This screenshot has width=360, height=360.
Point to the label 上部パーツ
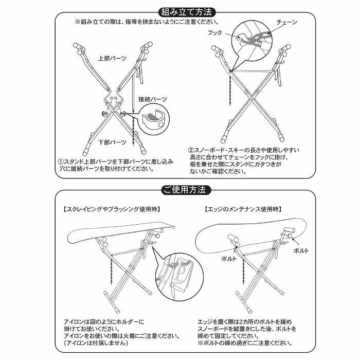pos(112,58)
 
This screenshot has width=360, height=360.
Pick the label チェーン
pos(287,23)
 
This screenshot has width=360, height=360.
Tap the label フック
pos(214,32)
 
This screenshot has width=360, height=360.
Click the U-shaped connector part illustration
pos(153,117)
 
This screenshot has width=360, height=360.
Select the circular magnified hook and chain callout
pos(253,42)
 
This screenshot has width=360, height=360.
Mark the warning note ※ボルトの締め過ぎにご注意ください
pos(245,343)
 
